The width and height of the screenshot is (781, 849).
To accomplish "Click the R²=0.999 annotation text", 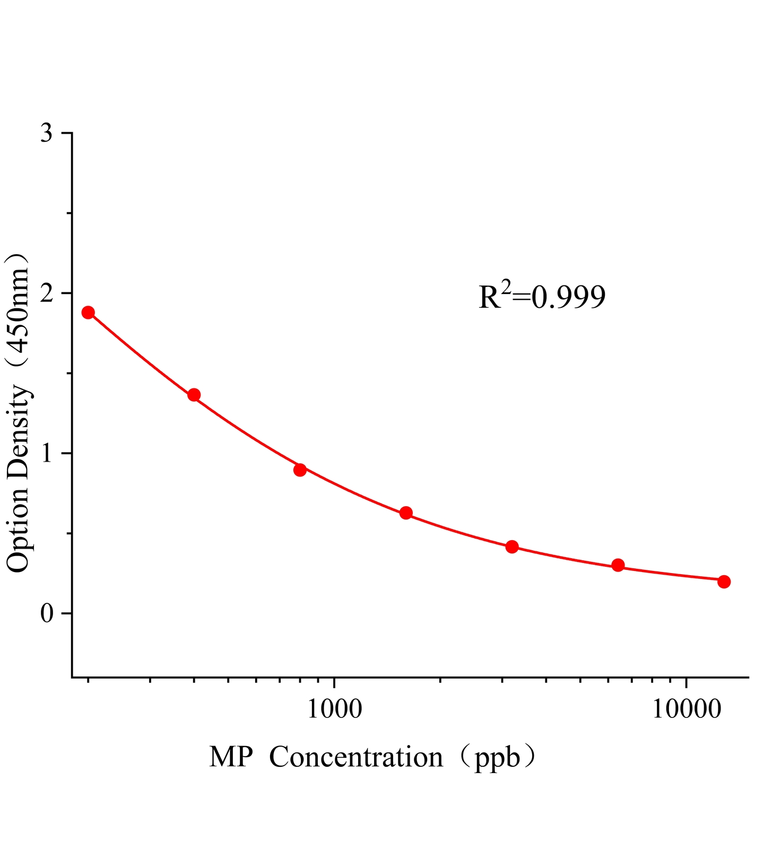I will coord(542,297).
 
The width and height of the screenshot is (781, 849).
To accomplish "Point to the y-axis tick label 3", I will coord(47,133).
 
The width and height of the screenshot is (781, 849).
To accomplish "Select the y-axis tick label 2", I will coord(47,293).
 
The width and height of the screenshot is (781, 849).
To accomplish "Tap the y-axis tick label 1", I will coord(48,453).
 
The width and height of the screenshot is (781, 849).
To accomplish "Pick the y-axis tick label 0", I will coord(47,613).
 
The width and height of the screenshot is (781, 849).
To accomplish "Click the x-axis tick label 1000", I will coord(334,709).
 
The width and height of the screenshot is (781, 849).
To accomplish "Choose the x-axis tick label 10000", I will coord(687,709).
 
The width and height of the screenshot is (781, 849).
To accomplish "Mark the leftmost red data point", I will coord(88,312).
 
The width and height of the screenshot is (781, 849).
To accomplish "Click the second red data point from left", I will coord(194,395).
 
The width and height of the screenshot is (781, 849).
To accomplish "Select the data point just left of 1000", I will coord(300,470).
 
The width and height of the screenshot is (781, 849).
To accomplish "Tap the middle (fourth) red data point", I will coord(406,513).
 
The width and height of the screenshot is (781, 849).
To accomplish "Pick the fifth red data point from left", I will coord(512,547).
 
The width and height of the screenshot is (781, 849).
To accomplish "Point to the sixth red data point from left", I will coord(618,565).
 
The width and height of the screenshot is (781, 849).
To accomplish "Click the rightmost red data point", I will coord(724,582).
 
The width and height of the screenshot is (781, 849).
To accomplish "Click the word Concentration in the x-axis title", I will coord(356,757).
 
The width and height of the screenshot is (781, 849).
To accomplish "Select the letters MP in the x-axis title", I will coord(230,757).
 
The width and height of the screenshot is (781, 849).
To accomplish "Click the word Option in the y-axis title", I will coord(19,531).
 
